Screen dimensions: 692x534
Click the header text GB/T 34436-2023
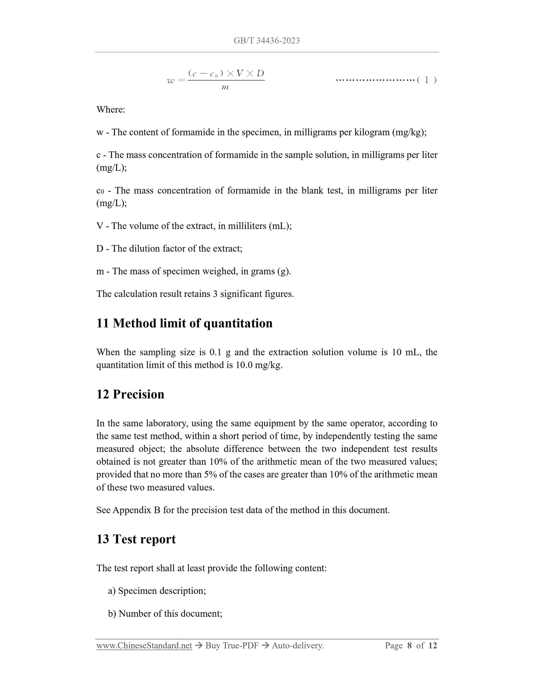266,41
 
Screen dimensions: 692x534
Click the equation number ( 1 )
427,80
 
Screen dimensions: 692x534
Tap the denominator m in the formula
225,88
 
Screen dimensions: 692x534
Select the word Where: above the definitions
110,110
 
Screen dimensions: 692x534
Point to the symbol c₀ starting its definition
100,191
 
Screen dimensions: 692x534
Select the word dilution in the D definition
144,248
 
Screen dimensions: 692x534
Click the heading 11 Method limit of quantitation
184,323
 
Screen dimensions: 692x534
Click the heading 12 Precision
130,394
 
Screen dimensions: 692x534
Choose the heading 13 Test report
136,539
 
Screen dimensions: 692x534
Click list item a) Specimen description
157,591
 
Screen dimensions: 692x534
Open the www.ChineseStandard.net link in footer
144,646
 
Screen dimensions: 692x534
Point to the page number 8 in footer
409,646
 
